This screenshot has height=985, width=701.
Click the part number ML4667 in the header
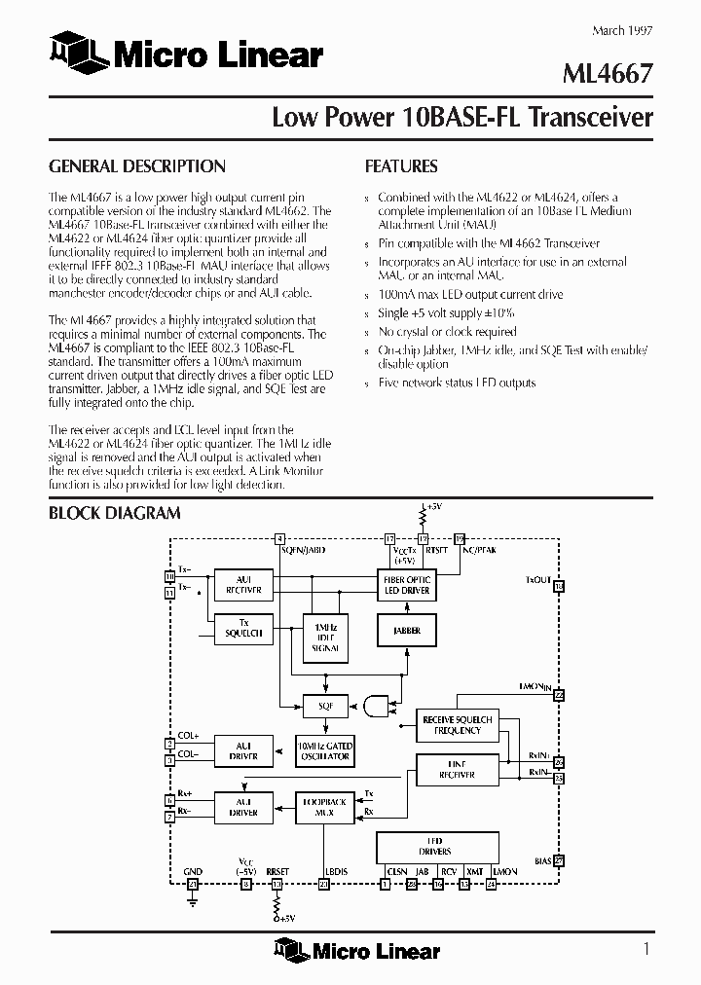tap(610, 73)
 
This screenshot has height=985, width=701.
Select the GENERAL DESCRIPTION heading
tap(136, 166)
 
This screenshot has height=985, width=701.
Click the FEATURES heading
tap(400, 166)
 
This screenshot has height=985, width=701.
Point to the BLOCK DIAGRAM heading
tap(114, 513)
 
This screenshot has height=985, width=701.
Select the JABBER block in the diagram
tap(408, 631)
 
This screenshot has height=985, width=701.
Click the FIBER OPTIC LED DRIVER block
tap(408, 585)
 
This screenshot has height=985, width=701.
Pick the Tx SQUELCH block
tap(243, 628)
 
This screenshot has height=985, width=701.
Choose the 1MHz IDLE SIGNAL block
tap(325, 635)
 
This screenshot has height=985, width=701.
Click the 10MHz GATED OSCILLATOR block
tap(325, 749)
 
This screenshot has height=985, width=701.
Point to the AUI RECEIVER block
tap(243, 584)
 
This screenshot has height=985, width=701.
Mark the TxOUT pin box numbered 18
tap(558, 587)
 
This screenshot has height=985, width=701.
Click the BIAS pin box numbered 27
tap(558, 860)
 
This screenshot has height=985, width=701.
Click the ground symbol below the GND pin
tap(192, 902)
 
